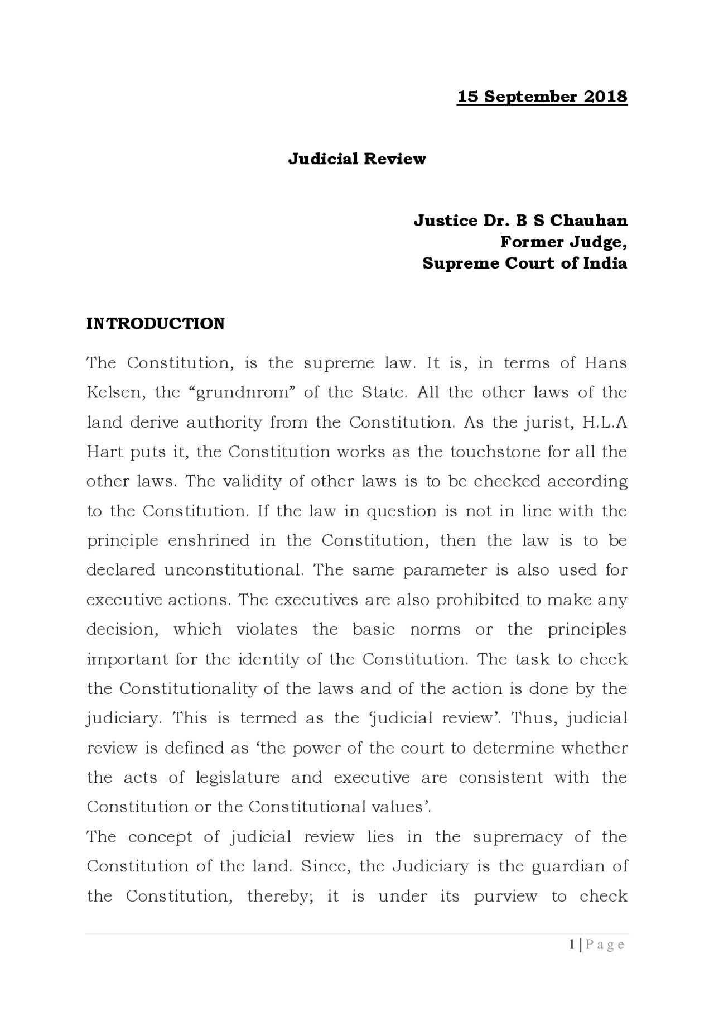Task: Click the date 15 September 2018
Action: click(x=542, y=97)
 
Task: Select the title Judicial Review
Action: click(x=357, y=159)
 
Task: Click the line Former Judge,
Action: click(x=563, y=242)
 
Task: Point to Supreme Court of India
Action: click(x=524, y=263)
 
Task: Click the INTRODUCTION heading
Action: click(x=156, y=324)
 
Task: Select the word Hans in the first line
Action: click(x=606, y=363)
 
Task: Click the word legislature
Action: click(x=237, y=778)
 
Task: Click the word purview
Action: click(x=505, y=897)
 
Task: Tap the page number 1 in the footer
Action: click(x=572, y=945)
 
